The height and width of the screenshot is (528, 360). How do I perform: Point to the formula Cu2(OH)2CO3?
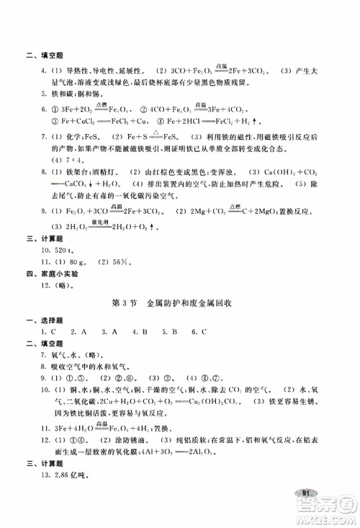[220, 403]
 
